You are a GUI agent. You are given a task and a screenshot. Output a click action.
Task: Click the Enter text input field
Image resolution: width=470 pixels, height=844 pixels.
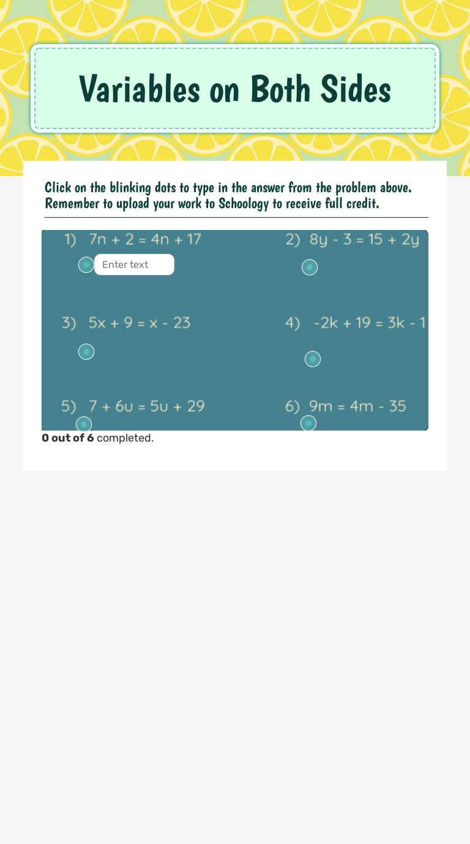click(x=134, y=265)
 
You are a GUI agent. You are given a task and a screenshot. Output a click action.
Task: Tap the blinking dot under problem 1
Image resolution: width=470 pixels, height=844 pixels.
click(x=86, y=265)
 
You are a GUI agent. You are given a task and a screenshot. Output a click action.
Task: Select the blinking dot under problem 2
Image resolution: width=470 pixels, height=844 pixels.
click(x=310, y=267)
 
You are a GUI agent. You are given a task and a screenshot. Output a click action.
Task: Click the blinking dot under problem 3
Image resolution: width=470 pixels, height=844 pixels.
click(x=86, y=352)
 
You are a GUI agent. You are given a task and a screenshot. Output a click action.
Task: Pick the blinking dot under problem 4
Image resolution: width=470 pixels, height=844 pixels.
click(x=313, y=359)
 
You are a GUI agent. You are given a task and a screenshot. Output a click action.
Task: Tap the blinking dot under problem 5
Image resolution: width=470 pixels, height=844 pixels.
click(x=84, y=424)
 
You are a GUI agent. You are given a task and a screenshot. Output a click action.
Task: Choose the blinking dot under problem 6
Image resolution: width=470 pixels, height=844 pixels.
click(x=308, y=423)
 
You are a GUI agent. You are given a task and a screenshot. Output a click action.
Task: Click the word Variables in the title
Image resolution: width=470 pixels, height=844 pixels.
click(x=139, y=89)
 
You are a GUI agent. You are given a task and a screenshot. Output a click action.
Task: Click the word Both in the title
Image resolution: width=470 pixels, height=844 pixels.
click(x=280, y=89)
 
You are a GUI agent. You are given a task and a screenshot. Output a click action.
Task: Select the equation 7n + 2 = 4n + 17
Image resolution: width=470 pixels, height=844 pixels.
click(x=145, y=239)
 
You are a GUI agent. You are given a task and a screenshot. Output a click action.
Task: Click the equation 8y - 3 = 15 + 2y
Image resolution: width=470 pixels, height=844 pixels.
click(x=365, y=239)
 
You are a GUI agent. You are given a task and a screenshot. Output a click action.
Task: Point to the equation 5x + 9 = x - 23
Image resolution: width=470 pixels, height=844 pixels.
click(x=140, y=322)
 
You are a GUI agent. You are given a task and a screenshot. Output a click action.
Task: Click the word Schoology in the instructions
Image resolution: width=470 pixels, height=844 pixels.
click(x=244, y=204)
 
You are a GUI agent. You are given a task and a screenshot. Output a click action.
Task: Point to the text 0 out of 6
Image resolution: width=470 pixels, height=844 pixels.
click(x=67, y=438)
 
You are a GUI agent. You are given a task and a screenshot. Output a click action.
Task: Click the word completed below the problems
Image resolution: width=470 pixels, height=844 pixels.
click(x=125, y=438)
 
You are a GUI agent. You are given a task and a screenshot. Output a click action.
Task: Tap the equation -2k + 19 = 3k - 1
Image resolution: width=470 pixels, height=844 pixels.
click(x=370, y=322)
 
